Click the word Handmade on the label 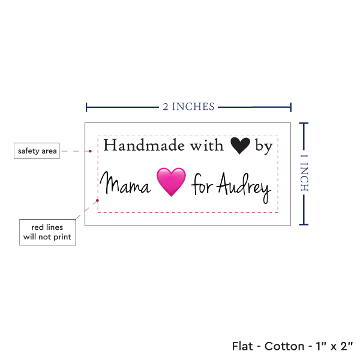click(144, 145)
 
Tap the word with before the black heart click(206, 145)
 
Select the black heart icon click(240, 146)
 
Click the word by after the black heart click(264, 146)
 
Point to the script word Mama click(125, 183)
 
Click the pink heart click(171, 182)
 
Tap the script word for click(202, 184)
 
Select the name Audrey click(244, 187)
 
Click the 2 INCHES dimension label click(188, 107)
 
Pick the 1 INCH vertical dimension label click(304, 173)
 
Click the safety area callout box click(37, 151)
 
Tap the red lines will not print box click(47, 232)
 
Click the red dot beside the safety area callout click(90, 151)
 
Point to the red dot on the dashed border click(97, 200)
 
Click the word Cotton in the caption click(284, 346)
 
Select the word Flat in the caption click(242, 346)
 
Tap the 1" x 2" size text click(334, 346)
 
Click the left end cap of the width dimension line click(86, 107)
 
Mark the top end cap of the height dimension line click(304, 124)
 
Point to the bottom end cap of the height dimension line click(304, 224)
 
